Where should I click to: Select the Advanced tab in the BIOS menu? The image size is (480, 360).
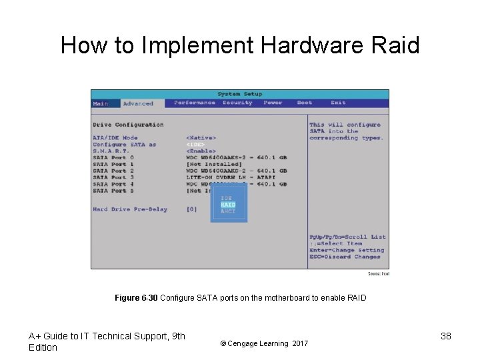point(138,103)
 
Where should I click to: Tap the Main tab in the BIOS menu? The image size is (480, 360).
point(100,103)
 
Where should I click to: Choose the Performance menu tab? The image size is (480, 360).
point(194,103)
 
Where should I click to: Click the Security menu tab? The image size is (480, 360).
point(237,103)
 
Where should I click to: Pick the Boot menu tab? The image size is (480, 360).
point(304,103)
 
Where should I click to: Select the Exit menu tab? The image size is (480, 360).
point(338,103)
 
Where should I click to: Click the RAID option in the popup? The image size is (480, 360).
point(228,205)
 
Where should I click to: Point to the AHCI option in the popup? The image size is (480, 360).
point(228,211)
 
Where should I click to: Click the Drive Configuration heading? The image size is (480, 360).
point(128,125)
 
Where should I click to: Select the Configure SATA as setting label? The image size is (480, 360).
point(124,145)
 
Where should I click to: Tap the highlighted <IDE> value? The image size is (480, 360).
point(195,145)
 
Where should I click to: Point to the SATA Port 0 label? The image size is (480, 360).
point(113,157)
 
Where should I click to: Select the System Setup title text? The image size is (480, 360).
point(239,94)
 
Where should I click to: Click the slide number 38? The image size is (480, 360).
point(446,336)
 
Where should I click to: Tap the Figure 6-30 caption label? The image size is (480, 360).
point(136,298)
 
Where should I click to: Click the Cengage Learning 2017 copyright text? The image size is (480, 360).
point(263,343)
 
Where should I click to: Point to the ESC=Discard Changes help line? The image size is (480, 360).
point(345,257)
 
